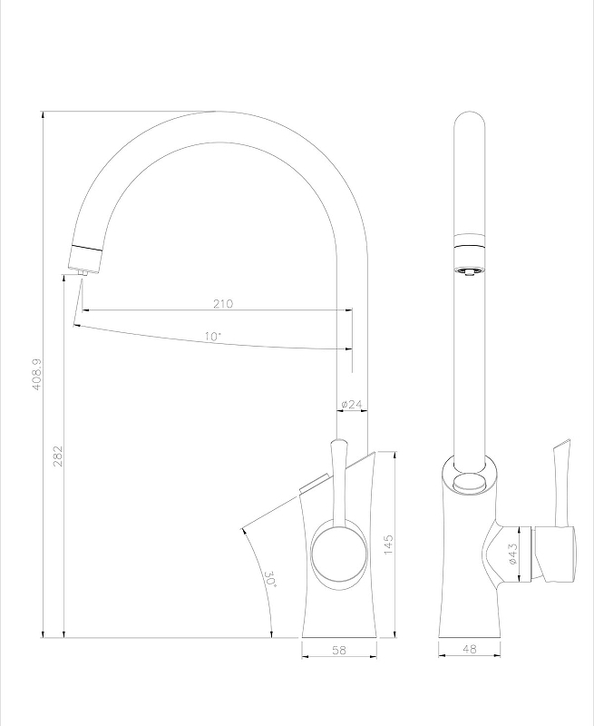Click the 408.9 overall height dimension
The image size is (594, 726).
coord(37,373)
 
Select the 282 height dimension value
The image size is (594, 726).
coord(56,456)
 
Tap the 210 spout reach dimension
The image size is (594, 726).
coord(223,303)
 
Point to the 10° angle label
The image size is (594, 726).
coord(213,336)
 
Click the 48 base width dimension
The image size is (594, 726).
coord(470,651)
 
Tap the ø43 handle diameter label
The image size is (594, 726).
coord(512,554)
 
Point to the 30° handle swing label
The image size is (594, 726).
coord(269,578)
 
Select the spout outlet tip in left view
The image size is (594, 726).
coord(82,270)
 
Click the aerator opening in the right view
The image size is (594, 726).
coord(469,270)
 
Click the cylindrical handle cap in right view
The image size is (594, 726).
coord(555,553)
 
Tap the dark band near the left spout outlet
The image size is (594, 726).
coord(89,248)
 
